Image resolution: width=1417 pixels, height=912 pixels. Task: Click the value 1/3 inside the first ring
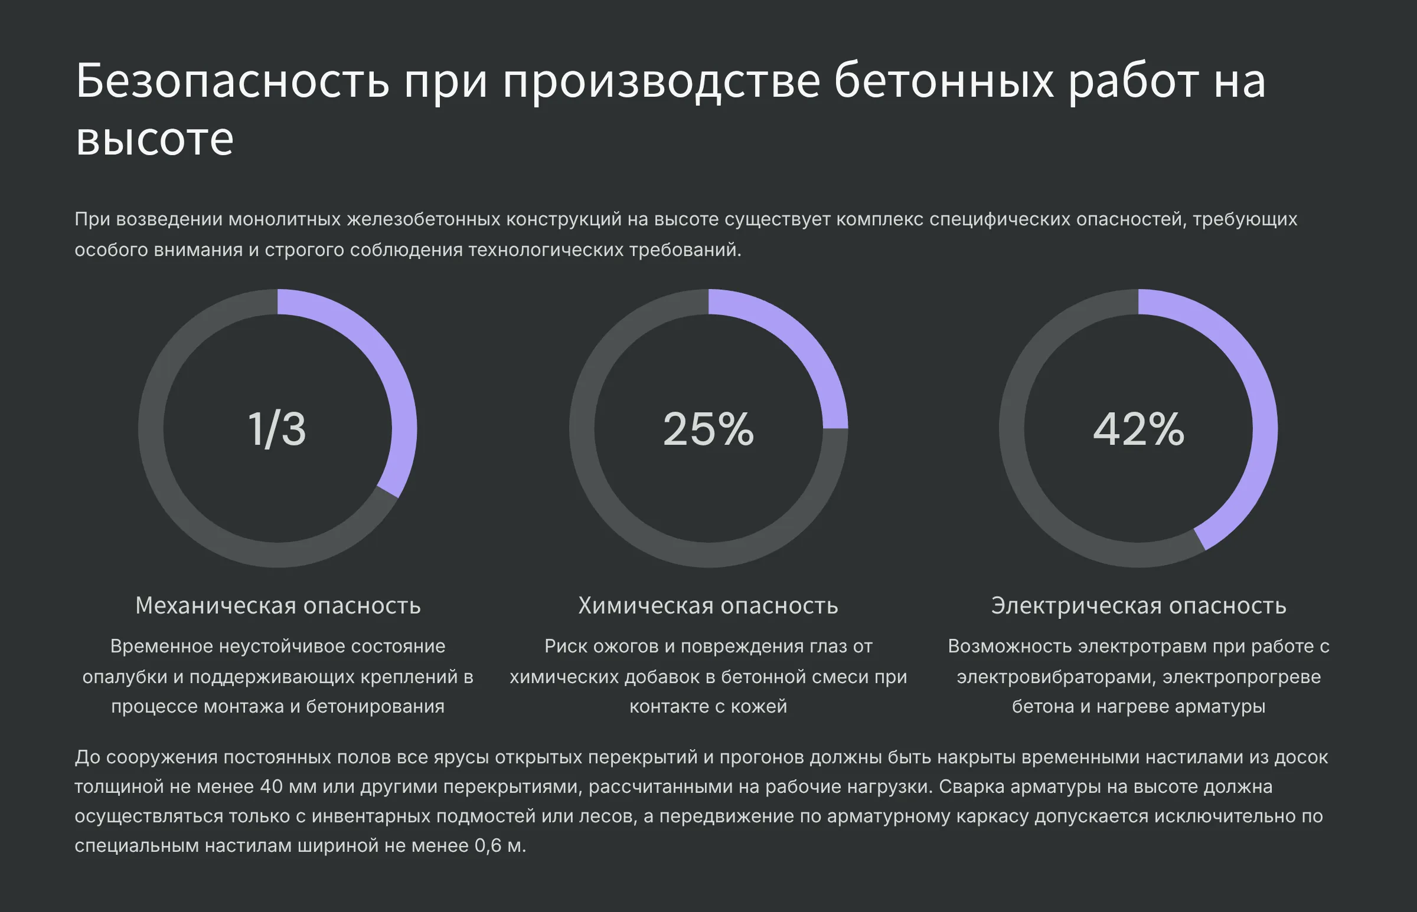pyautogui.click(x=277, y=429)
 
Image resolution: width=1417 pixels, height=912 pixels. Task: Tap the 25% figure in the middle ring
pyautogui.click(x=708, y=429)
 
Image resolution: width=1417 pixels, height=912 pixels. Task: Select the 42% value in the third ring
pyautogui.click(x=1138, y=429)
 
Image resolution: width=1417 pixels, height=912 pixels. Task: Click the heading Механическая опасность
pyautogui.click(x=278, y=606)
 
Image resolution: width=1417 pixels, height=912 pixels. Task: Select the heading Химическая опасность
pyautogui.click(x=708, y=606)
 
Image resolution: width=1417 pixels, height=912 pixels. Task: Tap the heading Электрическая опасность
pyautogui.click(x=1138, y=606)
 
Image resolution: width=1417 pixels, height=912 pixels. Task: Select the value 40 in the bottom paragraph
pyautogui.click(x=272, y=787)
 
